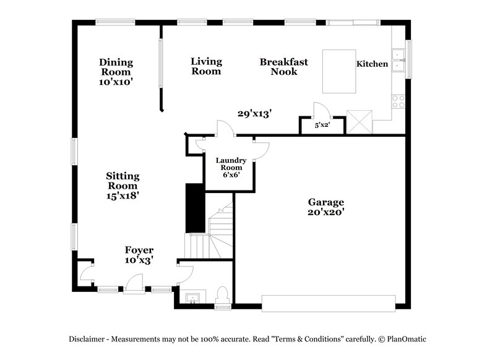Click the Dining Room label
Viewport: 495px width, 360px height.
tap(116, 67)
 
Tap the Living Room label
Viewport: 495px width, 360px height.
tap(206, 66)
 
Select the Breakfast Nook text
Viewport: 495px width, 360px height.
tap(283, 66)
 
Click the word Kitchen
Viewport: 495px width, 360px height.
tap(372, 64)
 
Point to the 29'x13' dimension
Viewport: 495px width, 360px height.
tap(255, 113)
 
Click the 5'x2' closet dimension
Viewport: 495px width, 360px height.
tap(322, 125)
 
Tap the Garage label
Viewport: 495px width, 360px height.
tap(326, 202)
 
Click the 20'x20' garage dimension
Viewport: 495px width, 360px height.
tap(326, 212)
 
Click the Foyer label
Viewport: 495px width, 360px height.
tap(139, 250)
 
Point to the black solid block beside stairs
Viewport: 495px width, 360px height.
tap(196, 208)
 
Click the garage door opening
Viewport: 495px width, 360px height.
tap(328, 302)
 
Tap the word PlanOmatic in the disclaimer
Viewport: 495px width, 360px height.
tap(406, 339)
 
